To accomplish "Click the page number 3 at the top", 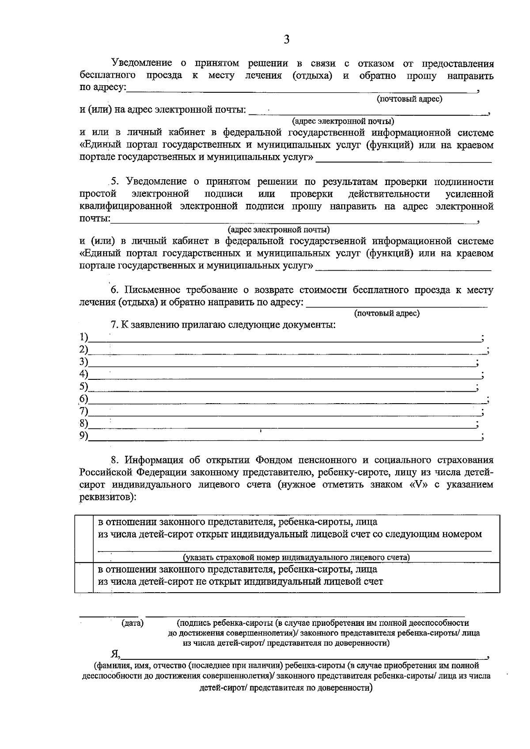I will pyautogui.click(x=286, y=40).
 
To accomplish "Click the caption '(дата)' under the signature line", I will pyautogui.click(x=132, y=623).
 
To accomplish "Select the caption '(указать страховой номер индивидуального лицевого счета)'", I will pyautogui.click(x=296, y=557).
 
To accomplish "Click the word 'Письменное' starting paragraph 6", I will pyautogui.click(x=152, y=290).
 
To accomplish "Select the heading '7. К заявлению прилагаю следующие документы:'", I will pyautogui.click(x=223, y=325).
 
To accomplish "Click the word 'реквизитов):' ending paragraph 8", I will pyautogui.click(x=108, y=497).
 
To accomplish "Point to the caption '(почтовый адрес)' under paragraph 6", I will pyautogui.click(x=386, y=314).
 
